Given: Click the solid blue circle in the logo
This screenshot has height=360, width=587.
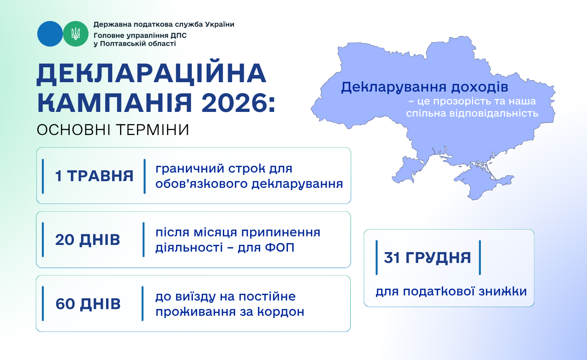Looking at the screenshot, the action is (x=50, y=34).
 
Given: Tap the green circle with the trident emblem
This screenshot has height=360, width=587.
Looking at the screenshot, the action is (x=76, y=34).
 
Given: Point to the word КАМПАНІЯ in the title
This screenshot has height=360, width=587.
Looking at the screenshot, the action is (x=115, y=103).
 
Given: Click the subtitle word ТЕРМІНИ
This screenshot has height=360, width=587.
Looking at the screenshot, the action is (x=153, y=130).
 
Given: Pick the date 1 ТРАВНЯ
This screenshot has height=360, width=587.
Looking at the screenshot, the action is (x=94, y=176).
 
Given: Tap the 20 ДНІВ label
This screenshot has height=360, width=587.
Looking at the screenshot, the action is (x=88, y=239).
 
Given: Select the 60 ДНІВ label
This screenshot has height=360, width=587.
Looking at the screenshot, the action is (x=88, y=304).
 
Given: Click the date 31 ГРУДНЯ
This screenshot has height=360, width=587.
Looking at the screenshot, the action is (x=427, y=257).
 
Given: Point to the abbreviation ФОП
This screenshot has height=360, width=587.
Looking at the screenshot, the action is (x=280, y=247).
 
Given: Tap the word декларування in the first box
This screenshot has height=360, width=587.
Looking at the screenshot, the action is (x=297, y=184).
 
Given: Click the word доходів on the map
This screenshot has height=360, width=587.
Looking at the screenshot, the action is (x=480, y=87).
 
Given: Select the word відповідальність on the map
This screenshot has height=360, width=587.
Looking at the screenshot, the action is (x=494, y=113).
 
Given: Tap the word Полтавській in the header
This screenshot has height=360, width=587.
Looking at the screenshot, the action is (x=122, y=43).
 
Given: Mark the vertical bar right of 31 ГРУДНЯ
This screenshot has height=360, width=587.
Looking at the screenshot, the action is (x=480, y=257).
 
